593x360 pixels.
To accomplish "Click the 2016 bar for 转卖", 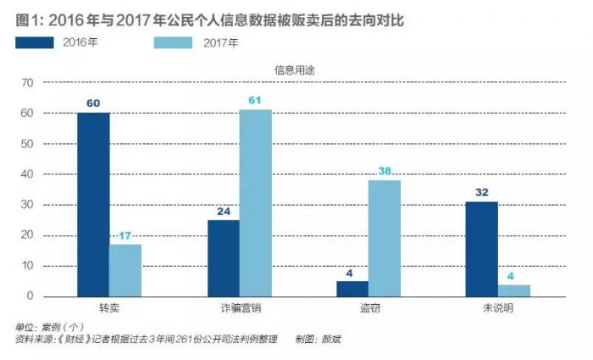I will pyautogui.click(x=93, y=204).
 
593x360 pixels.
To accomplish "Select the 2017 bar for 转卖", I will pyautogui.click(x=125, y=270).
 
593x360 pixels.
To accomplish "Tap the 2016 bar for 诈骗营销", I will pyautogui.click(x=223, y=258).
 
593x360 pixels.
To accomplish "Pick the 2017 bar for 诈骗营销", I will pyautogui.click(x=255, y=203).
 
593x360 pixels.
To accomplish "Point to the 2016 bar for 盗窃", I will pyautogui.click(x=352, y=289).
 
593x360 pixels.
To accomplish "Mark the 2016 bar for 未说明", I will pyautogui.click(x=481, y=249).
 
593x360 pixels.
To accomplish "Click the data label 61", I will pyautogui.click(x=255, y=101).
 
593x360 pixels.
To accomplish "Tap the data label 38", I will pyautogui.click(x=385, y=171).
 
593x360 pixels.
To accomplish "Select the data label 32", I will pyautogui.click(x=481, y=192).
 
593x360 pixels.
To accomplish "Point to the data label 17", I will pyautogui.click(x=125, y=236).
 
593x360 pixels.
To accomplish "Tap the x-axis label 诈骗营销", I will pyautogui.click(x=239, y=308).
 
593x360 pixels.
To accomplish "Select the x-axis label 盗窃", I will pyautogui.click(x=369, y=308).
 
